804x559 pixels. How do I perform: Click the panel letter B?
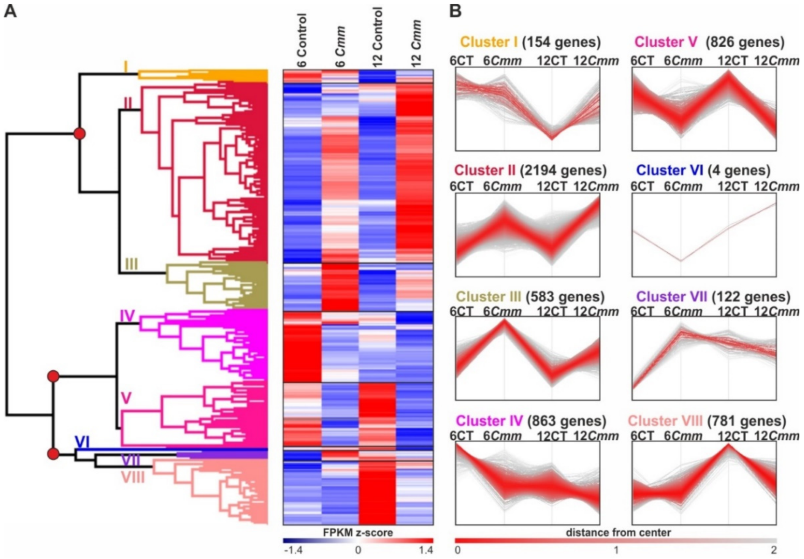(x=455, y=11)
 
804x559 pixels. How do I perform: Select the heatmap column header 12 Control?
(x=377, y=38)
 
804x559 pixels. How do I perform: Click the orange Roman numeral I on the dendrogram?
(x=126, y=67)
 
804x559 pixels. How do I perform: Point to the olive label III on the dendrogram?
(x=131, y=264)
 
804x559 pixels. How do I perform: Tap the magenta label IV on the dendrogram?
(x=128, y=316)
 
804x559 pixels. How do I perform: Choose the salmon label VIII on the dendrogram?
(x=133, y=477)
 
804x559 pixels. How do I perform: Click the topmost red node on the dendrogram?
(x=79, y=134)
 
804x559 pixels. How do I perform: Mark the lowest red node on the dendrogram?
(x=53, y=454)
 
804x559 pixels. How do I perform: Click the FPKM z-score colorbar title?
(x=358, y=532)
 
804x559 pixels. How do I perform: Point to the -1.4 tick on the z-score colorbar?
(x=293, y=550)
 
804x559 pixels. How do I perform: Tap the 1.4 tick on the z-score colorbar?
(x=425, y=550)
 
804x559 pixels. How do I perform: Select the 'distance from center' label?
(x=618, y=532)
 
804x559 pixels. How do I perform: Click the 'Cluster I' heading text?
(x=489, y=42)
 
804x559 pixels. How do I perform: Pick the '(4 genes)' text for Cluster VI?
(x=739, y=171)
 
